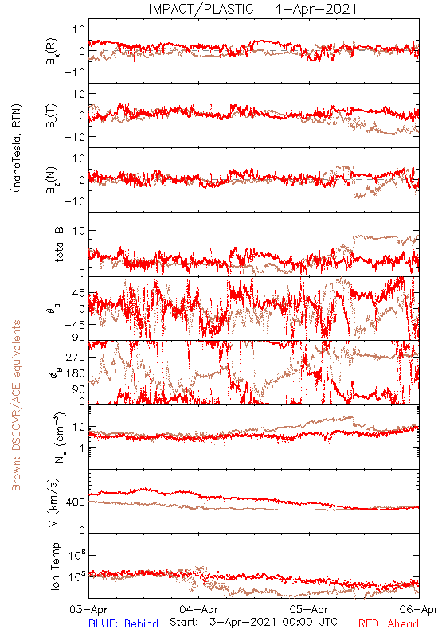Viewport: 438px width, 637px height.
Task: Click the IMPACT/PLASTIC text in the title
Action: (x=201, y=9)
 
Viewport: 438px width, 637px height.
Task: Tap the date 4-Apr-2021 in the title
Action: (x=315, y=9)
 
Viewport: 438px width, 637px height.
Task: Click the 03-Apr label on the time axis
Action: (x=89, y=609)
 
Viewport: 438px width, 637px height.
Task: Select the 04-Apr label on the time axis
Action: (x=199, y=609)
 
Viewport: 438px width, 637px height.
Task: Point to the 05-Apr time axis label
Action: (x=309, y=609)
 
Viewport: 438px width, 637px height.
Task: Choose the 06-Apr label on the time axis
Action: (x=419, y=609)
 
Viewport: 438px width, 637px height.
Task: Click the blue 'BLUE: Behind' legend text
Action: (x=123, y=623)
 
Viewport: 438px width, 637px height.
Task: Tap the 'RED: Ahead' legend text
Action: (x=389, y=623)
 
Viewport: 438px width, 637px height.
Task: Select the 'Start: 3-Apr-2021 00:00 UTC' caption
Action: (x=253, y=622)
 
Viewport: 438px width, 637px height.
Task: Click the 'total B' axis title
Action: (x=59, y=244)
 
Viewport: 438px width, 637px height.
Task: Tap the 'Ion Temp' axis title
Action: (x=55, y=566)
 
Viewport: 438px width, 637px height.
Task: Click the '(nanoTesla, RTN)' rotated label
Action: (x=17, y=148)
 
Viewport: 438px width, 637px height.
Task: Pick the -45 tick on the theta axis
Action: (x=74, y=325)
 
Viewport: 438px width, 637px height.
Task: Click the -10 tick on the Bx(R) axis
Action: (x=75, y=72)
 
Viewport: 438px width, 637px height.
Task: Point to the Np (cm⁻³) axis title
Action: (x=59, y=437)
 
